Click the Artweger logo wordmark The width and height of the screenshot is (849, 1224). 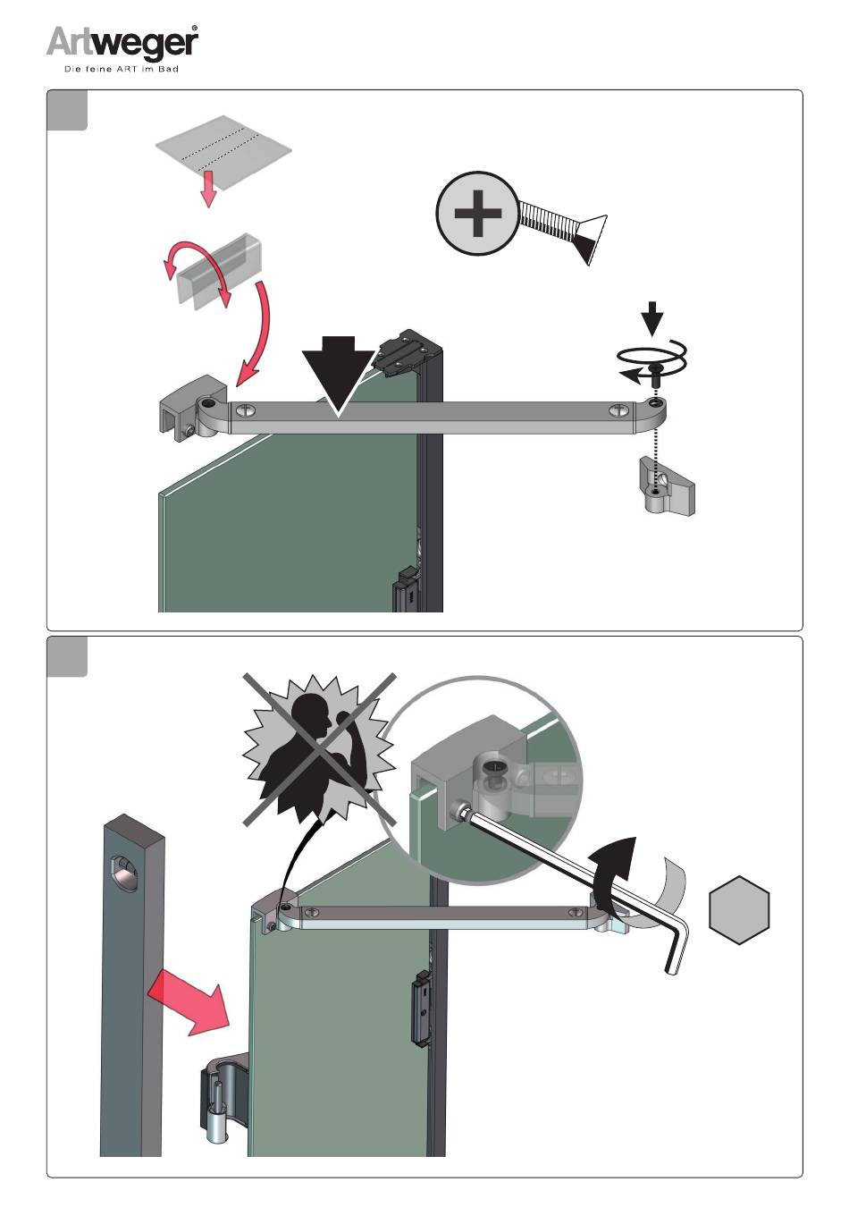tap(122, 43)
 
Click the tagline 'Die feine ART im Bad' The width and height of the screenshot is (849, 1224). tap(122, 69)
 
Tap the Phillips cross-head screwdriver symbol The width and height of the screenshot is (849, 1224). tap(477, 213)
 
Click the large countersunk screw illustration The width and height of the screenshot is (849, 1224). tap(563, 231)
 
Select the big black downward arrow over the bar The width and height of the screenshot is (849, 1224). tap(337, 375)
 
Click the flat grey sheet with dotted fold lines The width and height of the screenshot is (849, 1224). tap(223, 151)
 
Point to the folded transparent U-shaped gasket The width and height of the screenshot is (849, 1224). tap(219, 267)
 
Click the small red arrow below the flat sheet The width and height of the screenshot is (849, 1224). tap(208, 192)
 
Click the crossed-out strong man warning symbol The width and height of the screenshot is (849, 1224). tap(320, 749)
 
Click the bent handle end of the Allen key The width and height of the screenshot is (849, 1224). tap(677, 947)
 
